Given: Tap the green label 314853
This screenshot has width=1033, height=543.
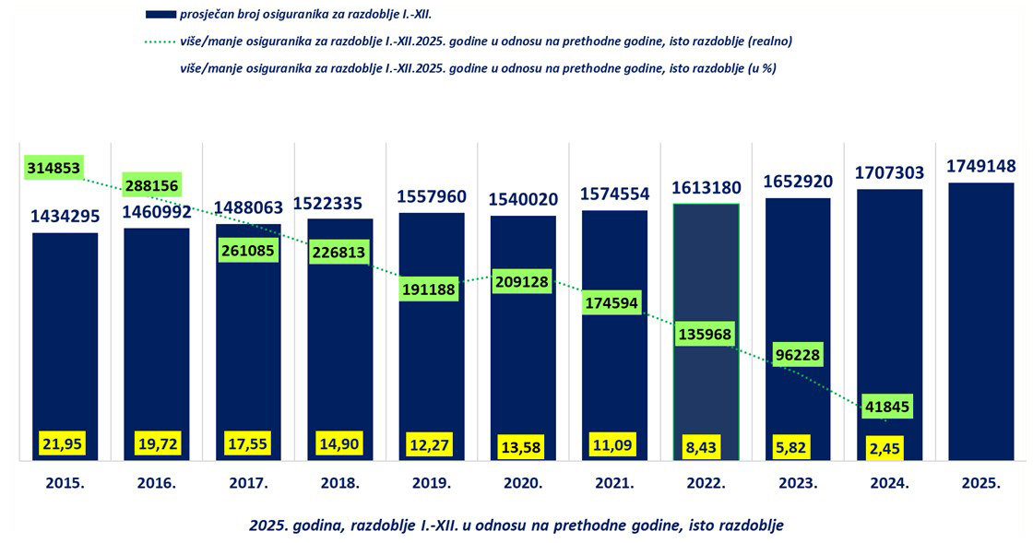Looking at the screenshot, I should click(54, 168).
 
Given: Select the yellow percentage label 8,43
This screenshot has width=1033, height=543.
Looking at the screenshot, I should click(706, 445).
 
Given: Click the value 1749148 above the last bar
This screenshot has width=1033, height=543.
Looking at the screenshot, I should click(981, 167).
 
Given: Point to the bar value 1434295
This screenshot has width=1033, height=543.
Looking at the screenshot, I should click(65, 218).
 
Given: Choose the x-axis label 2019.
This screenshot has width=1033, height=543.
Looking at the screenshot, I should click(432, 482).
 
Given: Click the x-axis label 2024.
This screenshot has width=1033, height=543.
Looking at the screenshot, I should click(889, 482).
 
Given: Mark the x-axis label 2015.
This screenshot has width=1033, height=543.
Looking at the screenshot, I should click(65, 482).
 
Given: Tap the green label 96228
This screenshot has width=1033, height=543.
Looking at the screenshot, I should click(798, 355).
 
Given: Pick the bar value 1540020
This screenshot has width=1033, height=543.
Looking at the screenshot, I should click(523, 199).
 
